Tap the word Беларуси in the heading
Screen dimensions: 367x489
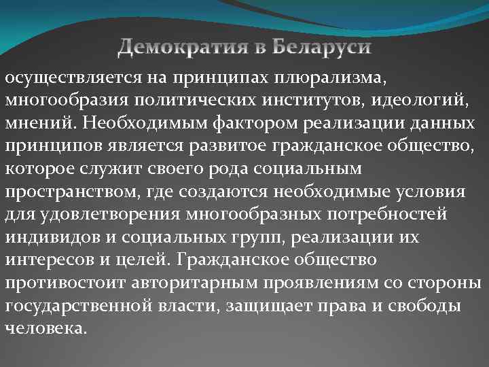click(323, 48)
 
